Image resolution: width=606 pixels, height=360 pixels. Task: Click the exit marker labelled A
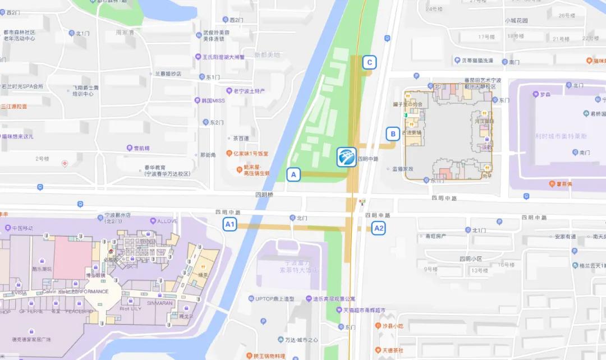coord(292,174)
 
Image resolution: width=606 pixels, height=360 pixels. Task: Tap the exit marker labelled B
coord(393,133)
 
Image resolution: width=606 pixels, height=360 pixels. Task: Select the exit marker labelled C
coord(369,62)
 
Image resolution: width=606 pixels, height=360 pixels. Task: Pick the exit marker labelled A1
coord(229,224)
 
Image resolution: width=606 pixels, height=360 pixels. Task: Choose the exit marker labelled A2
coord(379,228)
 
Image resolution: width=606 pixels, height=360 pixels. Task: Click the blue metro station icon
coord(346,157)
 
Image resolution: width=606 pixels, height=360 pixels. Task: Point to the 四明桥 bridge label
coord(264,195)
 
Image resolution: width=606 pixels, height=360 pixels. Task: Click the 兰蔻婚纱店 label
coord(168,73)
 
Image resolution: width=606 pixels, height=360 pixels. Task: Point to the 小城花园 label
coord(516,21)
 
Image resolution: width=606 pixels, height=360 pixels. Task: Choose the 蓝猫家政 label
coord(402,168)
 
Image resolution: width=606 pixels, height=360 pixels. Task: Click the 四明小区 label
coord(471,259)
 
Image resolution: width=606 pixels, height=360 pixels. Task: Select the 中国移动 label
coord(22,228)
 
